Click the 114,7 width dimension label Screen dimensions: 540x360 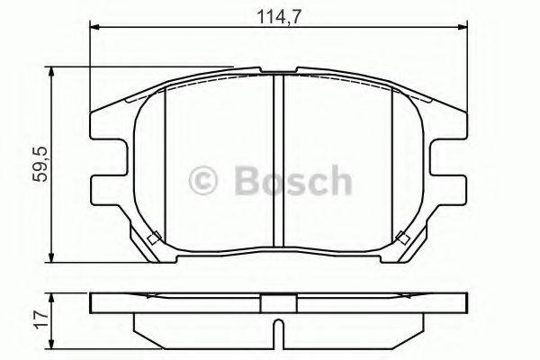279,16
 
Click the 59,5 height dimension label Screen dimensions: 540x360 39,164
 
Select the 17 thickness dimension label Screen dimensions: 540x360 41,320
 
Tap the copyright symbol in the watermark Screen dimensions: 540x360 202,181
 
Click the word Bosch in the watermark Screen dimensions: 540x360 293,181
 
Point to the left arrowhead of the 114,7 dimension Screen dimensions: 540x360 94,27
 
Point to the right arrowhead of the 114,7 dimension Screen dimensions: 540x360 463,27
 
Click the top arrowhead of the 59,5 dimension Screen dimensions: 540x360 51,72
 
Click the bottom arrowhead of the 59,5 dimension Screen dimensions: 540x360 51,257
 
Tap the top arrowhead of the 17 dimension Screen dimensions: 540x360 51,298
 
